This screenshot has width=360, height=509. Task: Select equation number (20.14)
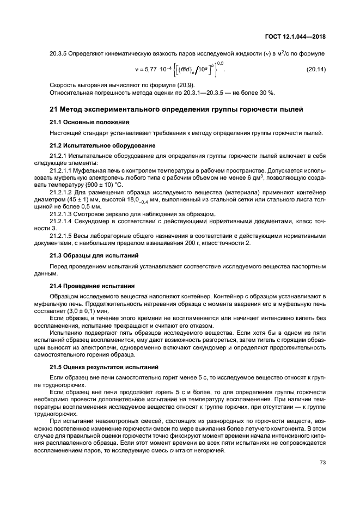[x=314, y=70]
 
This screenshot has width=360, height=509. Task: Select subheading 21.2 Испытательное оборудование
[x=102, y=145]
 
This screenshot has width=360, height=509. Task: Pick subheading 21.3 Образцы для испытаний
[x=94, y=255]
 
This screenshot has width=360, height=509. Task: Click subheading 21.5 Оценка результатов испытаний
[x=103, y=367]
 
